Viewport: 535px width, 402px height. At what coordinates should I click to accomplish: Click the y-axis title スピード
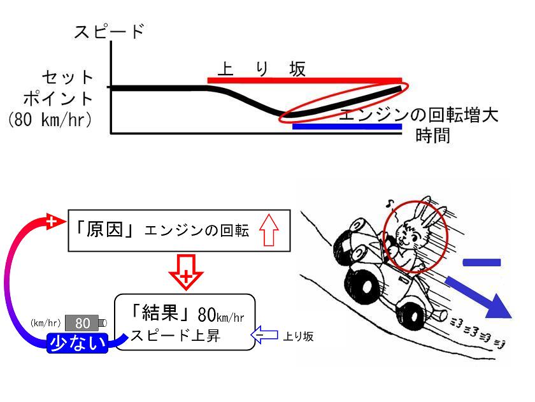[x=109, y=31]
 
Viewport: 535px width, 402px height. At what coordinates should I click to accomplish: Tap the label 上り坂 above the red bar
[x=261, y=69]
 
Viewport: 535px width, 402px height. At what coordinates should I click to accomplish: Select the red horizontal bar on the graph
[x=304, y=80]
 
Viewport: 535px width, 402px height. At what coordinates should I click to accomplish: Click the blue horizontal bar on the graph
[x=347, y=127]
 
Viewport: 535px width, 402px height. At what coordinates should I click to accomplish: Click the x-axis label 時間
[x=432, y=136]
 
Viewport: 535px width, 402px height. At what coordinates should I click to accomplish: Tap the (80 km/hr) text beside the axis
[x=50, y=119]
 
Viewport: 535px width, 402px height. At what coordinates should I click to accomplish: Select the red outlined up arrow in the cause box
[x=269, y=229]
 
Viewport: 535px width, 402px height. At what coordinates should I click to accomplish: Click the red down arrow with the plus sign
[x=186, y=272]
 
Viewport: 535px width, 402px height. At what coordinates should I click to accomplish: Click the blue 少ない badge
[x=78, y=343]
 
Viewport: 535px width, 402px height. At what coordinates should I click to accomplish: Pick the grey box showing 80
[x=82, y=323]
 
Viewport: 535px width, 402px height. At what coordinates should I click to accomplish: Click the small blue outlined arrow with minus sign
[x=264, y=334]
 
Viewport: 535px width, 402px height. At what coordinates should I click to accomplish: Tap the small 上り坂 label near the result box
[x=298, y=336]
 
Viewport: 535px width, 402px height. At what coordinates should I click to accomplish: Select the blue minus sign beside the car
[x=481, y=262]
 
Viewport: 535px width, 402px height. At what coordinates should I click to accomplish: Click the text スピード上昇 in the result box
[x=175, y=336]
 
